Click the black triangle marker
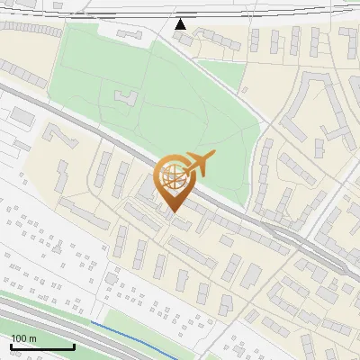(x=181, y=23)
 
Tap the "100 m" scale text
(x=23, y=337)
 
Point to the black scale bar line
(x=42, y=346)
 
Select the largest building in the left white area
(x=22, y=117)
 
